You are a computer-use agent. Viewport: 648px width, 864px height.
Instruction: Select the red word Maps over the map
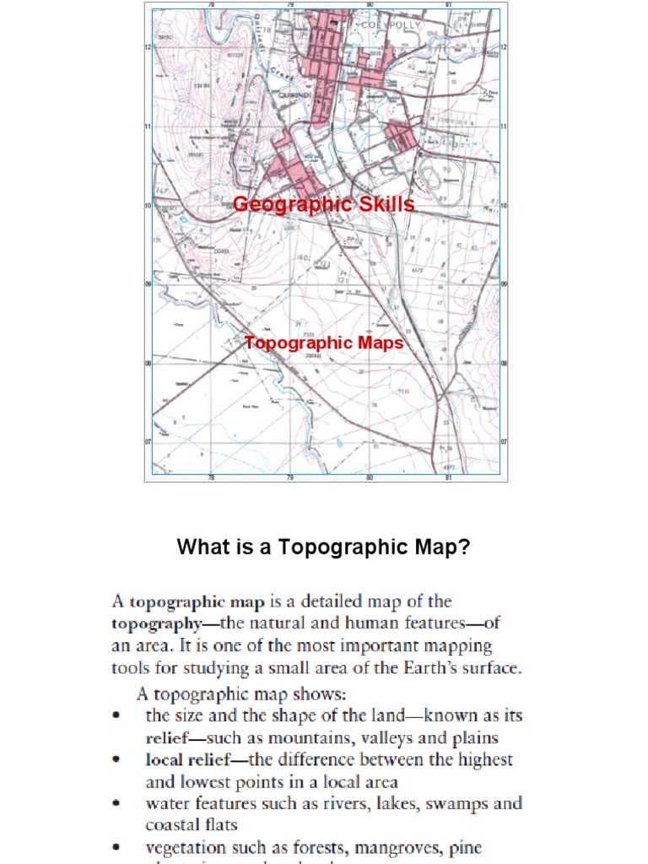click(381, 343)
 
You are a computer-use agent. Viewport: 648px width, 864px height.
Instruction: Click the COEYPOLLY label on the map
click(391, 26)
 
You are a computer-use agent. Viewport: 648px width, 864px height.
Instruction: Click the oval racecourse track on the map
click(429, 175)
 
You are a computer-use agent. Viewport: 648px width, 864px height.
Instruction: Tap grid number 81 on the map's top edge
click(448, 5)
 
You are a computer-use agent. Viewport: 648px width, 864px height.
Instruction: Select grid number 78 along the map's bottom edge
click(212, 478)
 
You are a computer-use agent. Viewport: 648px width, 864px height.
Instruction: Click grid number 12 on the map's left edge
click(148, 47)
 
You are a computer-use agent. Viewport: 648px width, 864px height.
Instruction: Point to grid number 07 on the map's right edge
click(504, 442)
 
